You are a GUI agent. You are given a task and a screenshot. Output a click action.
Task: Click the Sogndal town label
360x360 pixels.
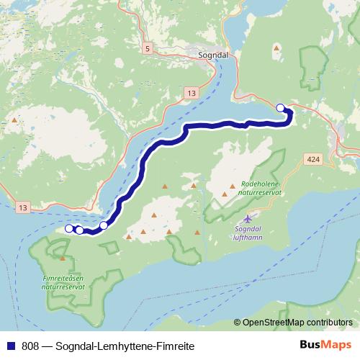213,53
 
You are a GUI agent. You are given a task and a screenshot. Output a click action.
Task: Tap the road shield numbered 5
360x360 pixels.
148,48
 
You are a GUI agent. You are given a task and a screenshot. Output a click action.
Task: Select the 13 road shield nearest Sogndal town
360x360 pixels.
189,94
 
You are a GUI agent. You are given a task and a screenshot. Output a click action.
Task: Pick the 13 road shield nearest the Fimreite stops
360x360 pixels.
23,207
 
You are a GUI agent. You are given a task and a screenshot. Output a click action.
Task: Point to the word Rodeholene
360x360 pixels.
261,184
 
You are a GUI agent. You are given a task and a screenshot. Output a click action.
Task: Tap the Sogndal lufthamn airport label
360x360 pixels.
250,234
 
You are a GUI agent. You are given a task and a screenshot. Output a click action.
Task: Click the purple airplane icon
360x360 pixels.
249,217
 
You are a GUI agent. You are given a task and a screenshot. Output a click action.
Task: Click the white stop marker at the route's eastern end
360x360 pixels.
281,108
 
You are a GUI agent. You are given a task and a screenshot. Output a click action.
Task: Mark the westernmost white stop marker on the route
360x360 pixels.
69,228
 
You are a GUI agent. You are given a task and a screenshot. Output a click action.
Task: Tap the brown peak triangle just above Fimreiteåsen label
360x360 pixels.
63,258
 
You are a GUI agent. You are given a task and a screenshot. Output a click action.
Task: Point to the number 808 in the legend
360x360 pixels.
30,346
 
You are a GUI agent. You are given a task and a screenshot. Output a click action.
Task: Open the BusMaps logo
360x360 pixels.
326,345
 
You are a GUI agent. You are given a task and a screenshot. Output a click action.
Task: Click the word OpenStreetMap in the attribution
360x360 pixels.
274,322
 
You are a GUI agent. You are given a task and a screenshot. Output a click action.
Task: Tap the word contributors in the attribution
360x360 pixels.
330,322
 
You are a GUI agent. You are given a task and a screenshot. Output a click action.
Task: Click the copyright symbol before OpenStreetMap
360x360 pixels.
238,322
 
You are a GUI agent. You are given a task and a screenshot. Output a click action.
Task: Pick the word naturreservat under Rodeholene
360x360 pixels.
261,194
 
